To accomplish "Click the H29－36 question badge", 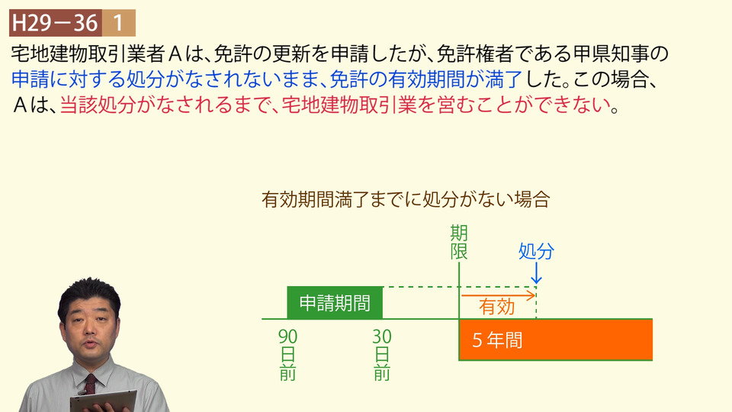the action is [56, 23].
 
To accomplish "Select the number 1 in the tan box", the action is [119, 23].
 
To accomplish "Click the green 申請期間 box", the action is [335, 303].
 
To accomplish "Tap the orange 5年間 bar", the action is [556, 340].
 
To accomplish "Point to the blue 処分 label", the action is [536, 251].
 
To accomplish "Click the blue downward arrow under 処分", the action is [536, 273].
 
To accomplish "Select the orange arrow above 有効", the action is [498, 295].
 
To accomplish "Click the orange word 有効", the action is [496, 307].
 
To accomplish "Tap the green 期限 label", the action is [459, 243].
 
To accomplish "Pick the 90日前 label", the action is [287, 355].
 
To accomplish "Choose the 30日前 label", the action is [382, 355].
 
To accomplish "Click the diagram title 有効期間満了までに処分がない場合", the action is [406, 199].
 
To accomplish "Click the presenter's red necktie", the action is [90, 385].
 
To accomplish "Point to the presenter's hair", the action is [89, 295].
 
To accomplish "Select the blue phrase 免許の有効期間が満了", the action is [426, 79].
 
